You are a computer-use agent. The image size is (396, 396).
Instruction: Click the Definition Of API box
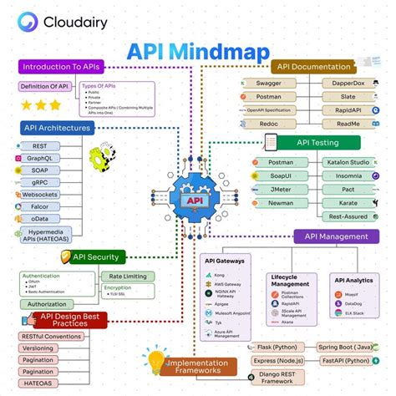click(x=43, y=86)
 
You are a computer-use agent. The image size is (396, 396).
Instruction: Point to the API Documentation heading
click(x=315, y=66)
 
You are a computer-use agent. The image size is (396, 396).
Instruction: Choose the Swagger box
click(x=269, y=84)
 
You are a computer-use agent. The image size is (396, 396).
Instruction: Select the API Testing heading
click(x=318, y=142)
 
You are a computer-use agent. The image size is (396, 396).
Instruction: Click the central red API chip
click(x=194, y=201)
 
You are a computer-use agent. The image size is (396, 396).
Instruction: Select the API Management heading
click(x=336, y=236)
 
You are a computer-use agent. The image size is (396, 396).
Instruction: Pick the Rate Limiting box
click(x=127, y=276)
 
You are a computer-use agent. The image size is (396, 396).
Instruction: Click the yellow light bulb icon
click(x=155, y=362)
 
